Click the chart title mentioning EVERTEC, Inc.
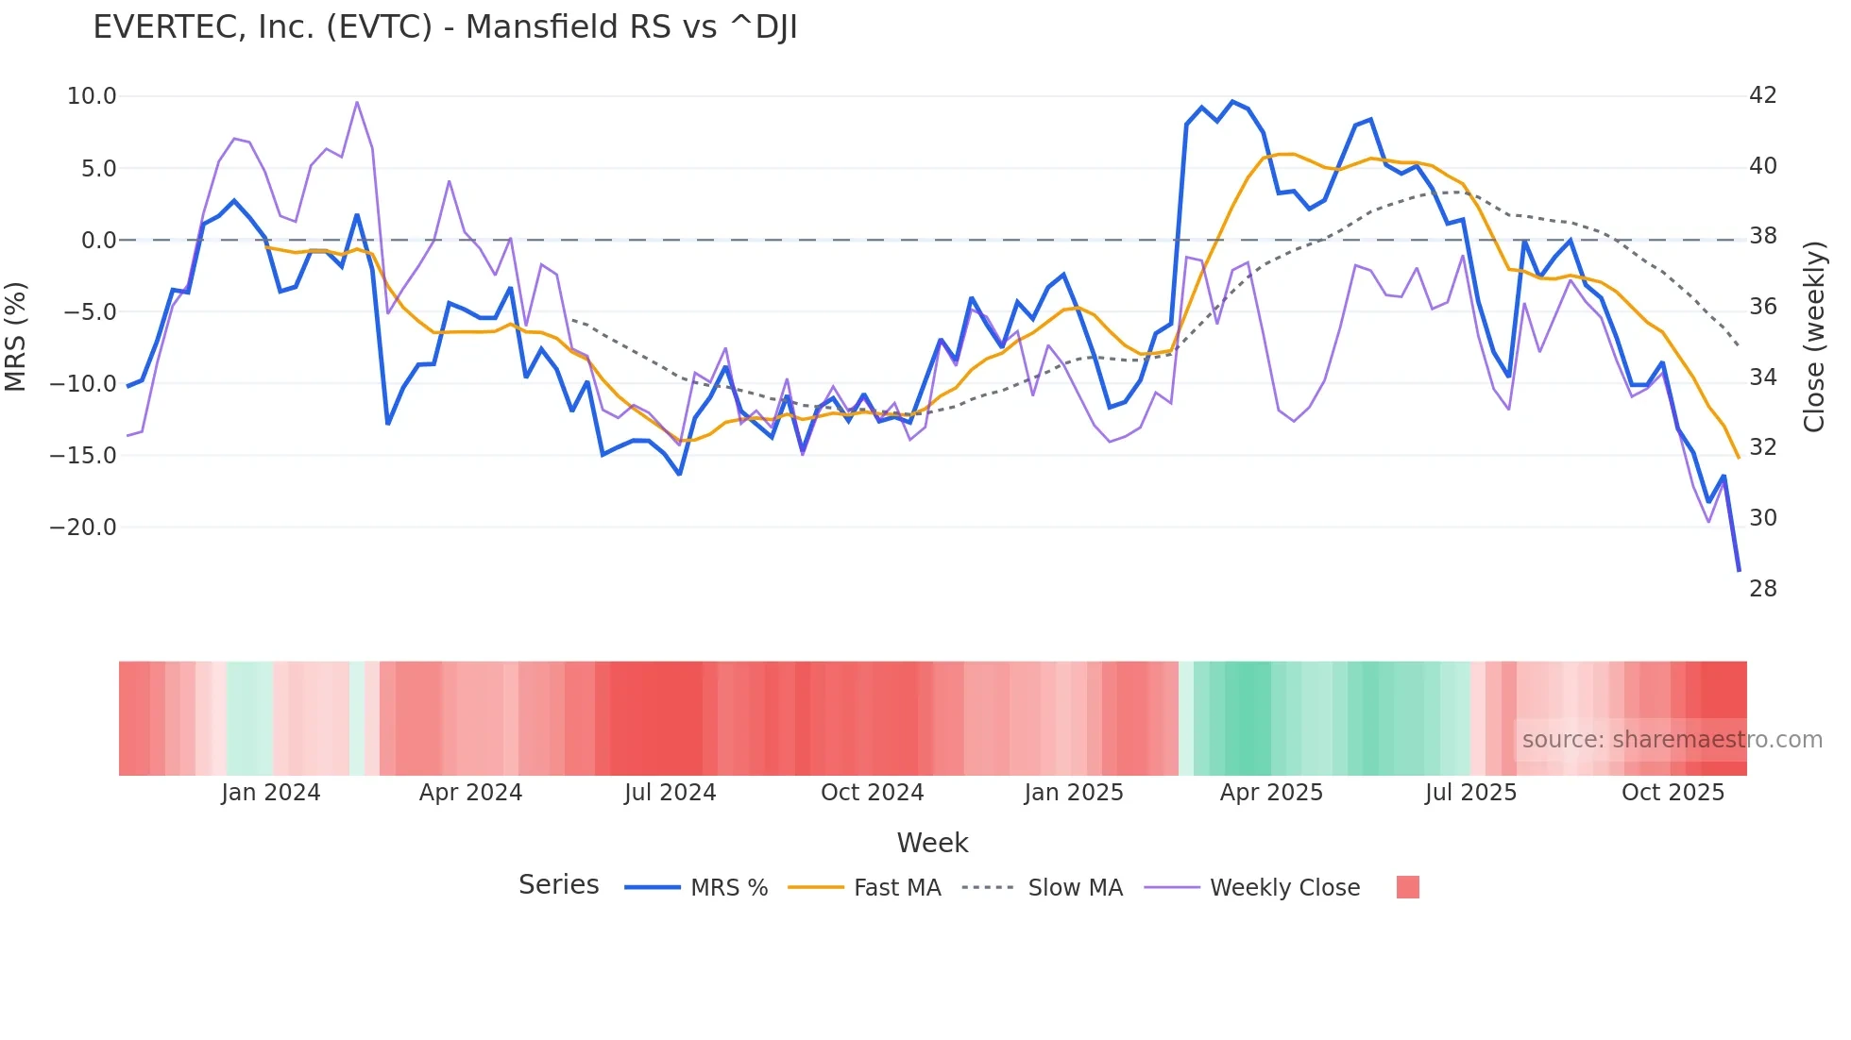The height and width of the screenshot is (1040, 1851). tap(445, 27)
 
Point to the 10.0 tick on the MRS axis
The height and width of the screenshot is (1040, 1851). tap(92, 96)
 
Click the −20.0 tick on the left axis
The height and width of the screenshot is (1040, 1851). tap(83, 528)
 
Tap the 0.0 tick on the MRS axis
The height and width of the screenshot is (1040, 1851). tap(98, 241)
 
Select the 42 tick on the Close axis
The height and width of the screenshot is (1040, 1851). tap(1762, 95)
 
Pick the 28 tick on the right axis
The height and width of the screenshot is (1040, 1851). tap(1762, 589)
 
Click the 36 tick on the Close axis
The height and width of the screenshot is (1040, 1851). tap(1762, 307)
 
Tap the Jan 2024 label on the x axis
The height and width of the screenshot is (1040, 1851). tap(271, 793)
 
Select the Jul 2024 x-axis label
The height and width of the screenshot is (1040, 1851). tap(671, 793)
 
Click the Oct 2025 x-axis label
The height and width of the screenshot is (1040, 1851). tap(1673, 793)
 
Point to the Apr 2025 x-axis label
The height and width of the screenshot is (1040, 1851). tap(1271, 793)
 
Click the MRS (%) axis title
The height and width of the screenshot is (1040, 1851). tap(16, 336)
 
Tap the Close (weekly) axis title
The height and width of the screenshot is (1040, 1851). tap(1814, 337)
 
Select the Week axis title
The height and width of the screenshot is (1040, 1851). tap(932, 843)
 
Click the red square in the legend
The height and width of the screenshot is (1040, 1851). tap(1407, 887)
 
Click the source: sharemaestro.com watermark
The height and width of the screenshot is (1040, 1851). tap(1672, 740)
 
